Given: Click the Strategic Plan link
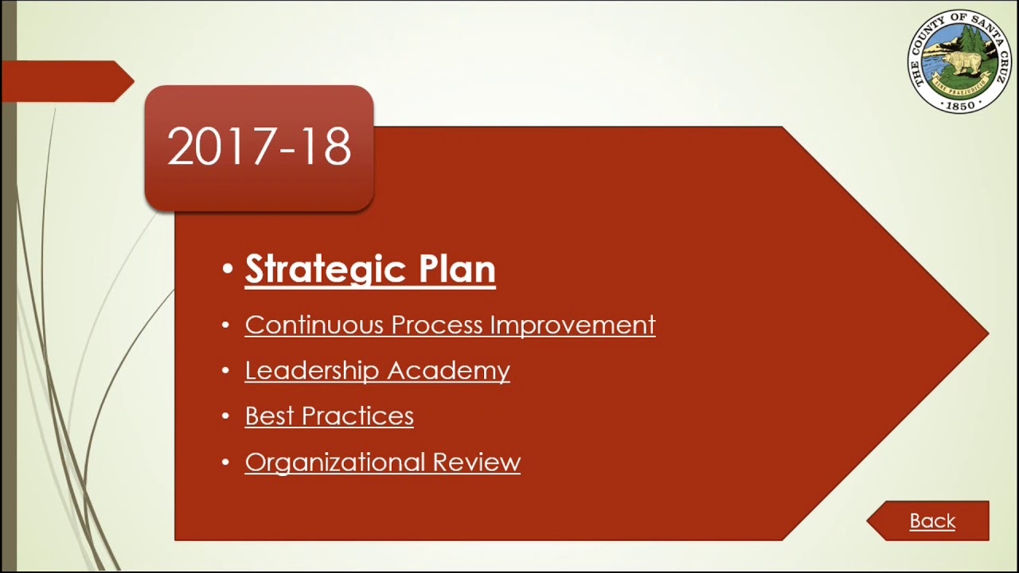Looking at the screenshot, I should [x=369, y=269].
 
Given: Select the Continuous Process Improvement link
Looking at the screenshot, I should [x=450, y=325].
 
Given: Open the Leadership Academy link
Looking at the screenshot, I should [x=377, y=371].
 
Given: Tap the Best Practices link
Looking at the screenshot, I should [x=329, y=416].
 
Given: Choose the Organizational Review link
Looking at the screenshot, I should [x=382, y=462].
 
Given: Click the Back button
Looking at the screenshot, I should [x=931, y=521].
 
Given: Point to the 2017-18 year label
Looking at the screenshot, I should [x=259, y=147].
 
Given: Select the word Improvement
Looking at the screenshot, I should [x=572, y=325].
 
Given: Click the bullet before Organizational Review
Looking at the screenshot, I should [x=226, y=462].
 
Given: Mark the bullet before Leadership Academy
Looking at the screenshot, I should [x=226, y=371].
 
